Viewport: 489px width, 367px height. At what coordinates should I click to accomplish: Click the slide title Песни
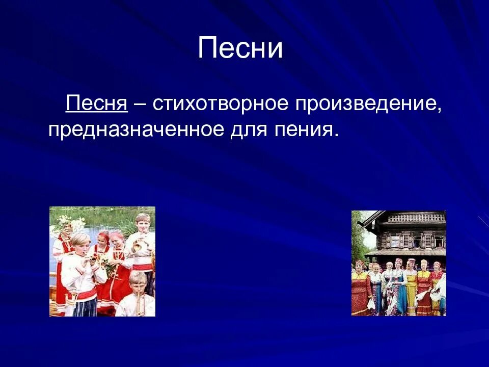click(240, 48)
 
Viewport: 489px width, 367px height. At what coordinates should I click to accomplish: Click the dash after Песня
click(139, 104)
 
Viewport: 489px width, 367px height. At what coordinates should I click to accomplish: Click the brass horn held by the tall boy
click(137, 246)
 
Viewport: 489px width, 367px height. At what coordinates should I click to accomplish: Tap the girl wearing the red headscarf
click(104, 240)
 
